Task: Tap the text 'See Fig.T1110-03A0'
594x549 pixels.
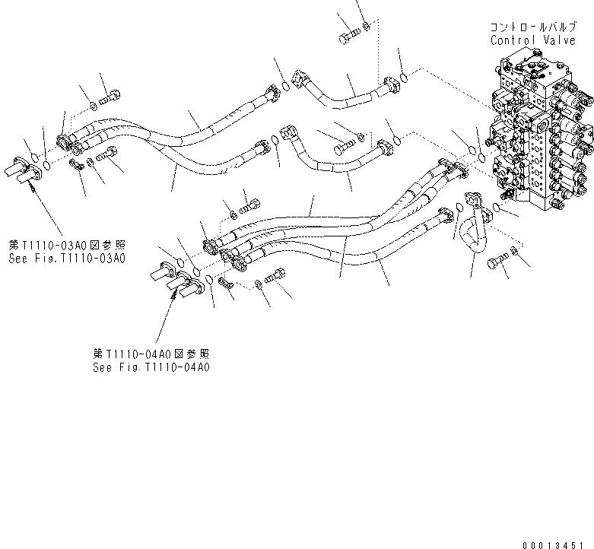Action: click(67, 258)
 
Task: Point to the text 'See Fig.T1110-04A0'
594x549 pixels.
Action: click(151, 367)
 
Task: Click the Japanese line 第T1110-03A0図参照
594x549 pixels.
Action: click(67, 246)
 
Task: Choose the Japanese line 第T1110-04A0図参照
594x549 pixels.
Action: click(151, 354)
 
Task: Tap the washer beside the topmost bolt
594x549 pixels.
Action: click(367, 29)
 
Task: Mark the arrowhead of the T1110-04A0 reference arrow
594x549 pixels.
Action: click(177, 299)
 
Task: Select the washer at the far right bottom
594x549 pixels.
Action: click(514, 252)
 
